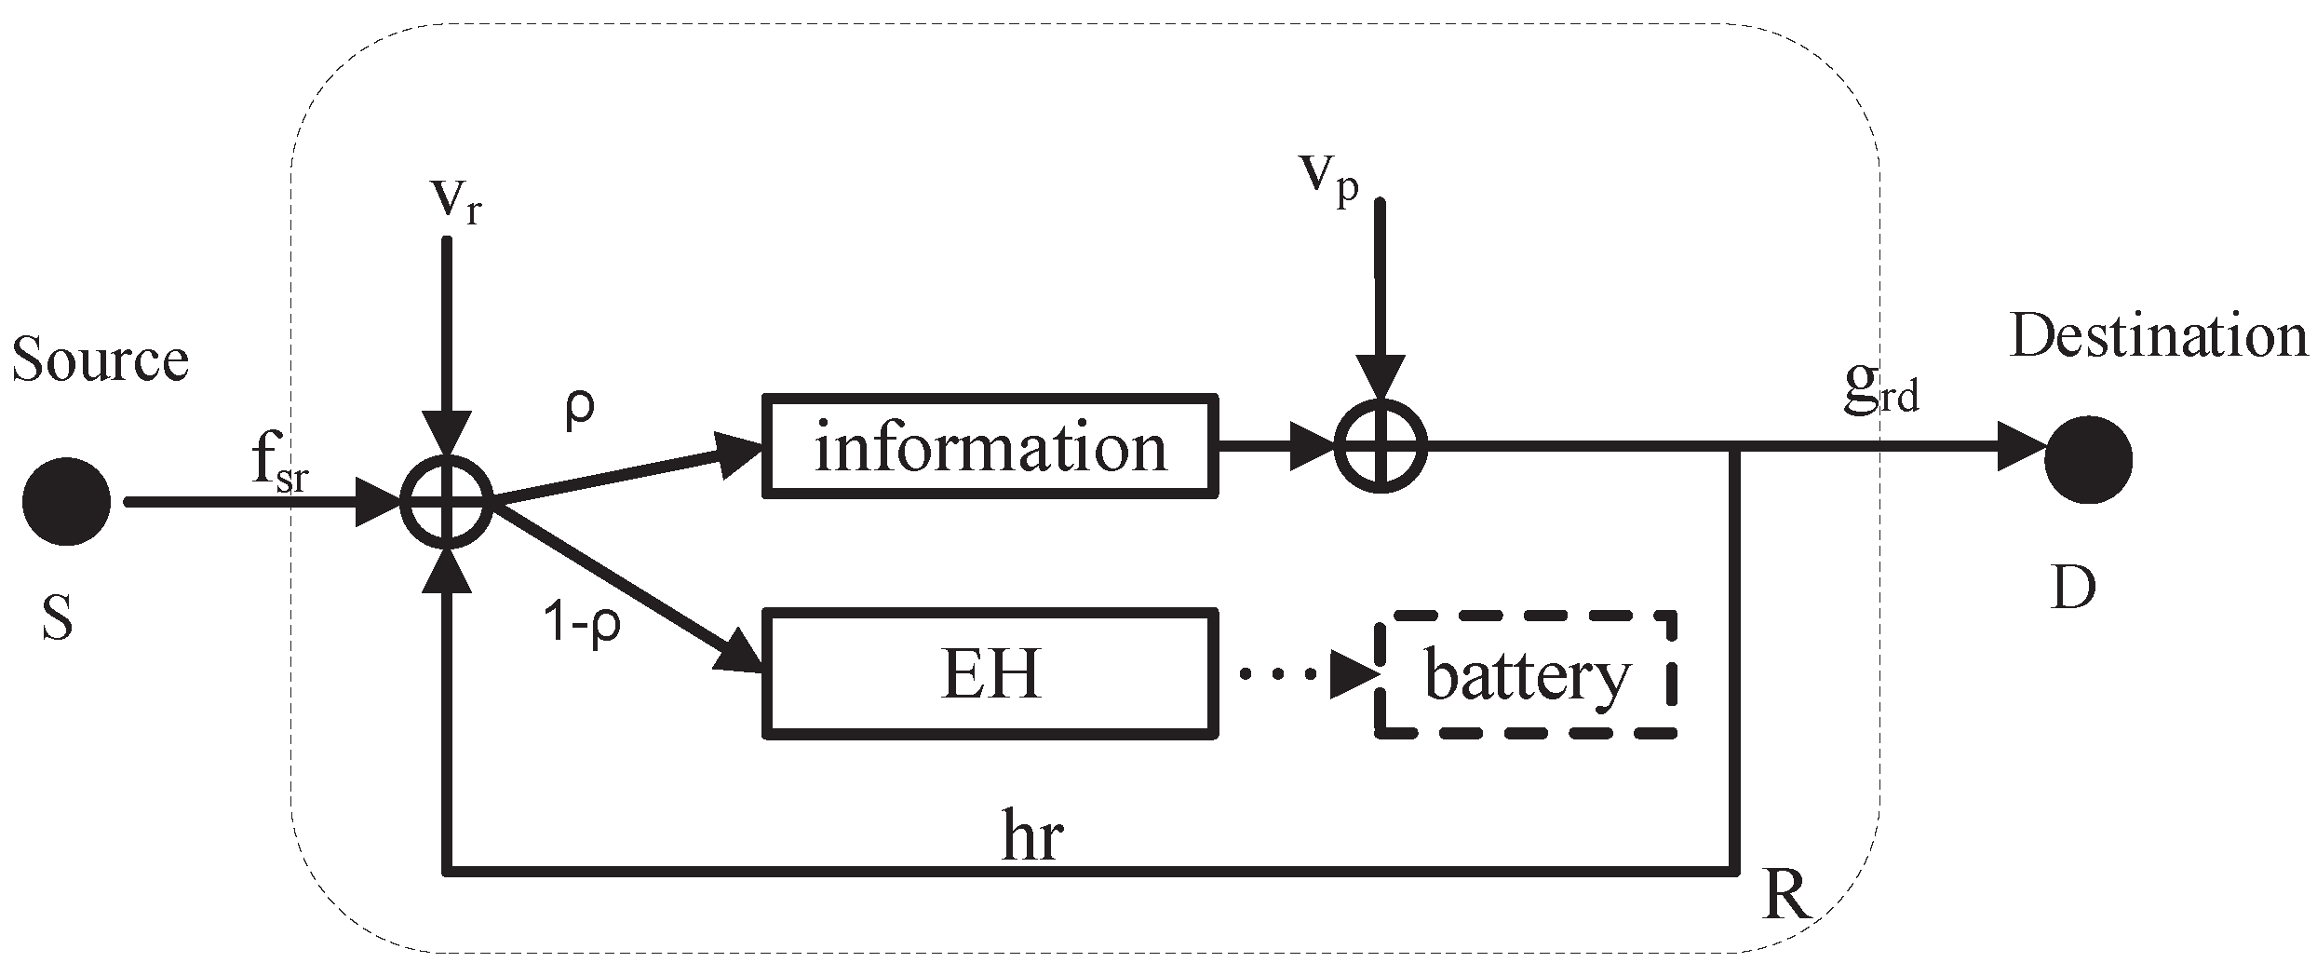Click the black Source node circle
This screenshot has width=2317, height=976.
[x=66, y=502]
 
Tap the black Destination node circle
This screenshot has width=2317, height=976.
[x=2088, y=459]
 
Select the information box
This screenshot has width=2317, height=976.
[x=990, y=446]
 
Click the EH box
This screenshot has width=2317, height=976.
[x=990, y=674]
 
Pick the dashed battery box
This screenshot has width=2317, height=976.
[x=1526, y=675]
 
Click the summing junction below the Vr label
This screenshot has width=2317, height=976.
[x=447, y=502]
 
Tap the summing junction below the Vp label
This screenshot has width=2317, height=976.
[x=1381, y=446]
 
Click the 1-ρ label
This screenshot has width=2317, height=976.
[x=582, y=621]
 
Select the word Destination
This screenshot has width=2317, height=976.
[x=2158, y=337]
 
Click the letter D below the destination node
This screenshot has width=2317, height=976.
[x=2072, y=588]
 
